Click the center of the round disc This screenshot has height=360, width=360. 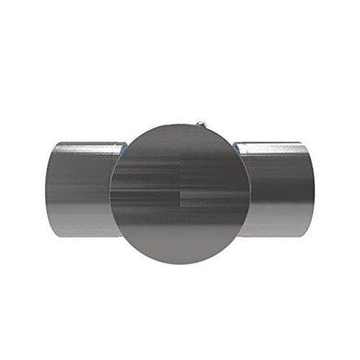tap(179, 194)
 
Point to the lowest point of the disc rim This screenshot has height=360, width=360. tap(179, 263)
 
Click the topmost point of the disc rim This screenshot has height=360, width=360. tap(179, 125)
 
